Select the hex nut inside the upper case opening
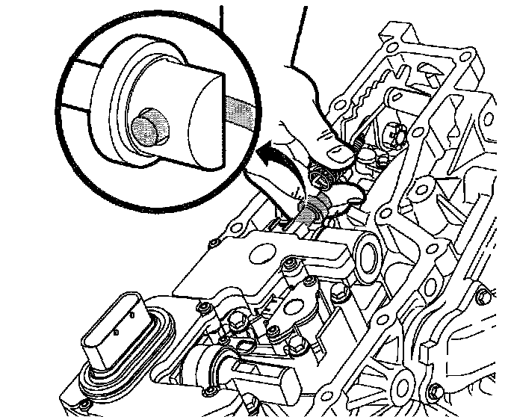394,135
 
